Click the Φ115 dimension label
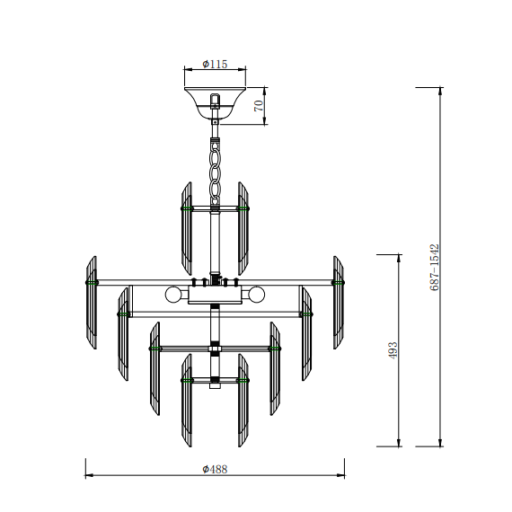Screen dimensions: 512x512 click(215, 64)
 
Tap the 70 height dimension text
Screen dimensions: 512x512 click(259, 106)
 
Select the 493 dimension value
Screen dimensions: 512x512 click(393, 350)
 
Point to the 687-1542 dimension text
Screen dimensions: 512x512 click(434, 267)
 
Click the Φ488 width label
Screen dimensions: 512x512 click(215, 469)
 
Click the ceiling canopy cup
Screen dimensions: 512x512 click(215, 102)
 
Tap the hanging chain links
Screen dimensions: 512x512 click(215, 172)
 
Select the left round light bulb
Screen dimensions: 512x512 click(173, 295)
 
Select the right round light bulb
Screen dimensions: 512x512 click(257, 295)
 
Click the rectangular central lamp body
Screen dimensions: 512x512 click(215, 295)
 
